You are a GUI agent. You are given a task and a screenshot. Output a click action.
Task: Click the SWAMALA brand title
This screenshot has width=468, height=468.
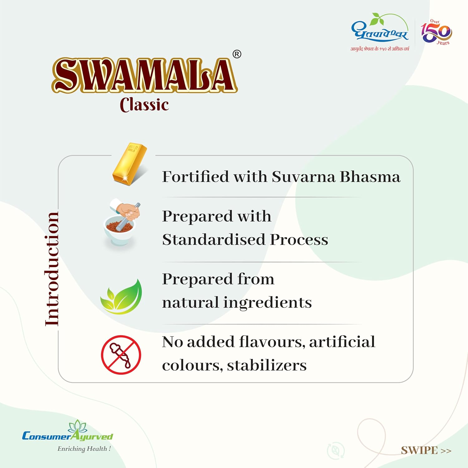click(x=144, y=75)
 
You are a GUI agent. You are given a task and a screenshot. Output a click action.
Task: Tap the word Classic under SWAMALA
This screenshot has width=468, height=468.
click(x=144, y=105)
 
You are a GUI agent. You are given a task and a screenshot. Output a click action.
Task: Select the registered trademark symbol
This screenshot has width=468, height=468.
click(x=237, y=54)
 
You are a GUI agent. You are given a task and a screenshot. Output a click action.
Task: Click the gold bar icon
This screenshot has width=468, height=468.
click(x=129, y=164)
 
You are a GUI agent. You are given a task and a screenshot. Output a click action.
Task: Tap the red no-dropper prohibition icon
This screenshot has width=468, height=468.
click(x=121, y=355)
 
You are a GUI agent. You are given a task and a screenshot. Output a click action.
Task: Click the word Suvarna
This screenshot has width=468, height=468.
click(x=304, y=177)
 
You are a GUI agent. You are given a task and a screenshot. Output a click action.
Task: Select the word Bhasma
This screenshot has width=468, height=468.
click(x=370, y=177)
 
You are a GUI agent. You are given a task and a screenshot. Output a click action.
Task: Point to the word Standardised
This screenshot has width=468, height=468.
click(x=214, y=240)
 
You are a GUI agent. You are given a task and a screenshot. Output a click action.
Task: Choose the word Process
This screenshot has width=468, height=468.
click(x=299, y=240)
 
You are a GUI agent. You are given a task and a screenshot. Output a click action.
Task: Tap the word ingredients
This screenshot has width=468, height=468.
click(x=268, y=303)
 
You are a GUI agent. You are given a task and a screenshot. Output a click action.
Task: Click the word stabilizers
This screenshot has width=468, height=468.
click(x=267, y=365)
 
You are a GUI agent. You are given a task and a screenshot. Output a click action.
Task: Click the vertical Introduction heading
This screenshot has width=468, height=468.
click(x=52, y=269)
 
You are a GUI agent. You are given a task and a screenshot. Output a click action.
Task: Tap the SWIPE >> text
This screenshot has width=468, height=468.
click(x=426, y=450)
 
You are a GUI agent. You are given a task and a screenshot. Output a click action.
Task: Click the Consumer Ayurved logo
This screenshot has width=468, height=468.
click(x=68, y=432)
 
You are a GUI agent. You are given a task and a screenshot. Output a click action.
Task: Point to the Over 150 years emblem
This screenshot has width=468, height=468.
click(x=436, y=32)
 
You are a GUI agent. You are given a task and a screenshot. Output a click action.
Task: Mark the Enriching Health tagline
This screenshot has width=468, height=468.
click(x=84, y=449)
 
